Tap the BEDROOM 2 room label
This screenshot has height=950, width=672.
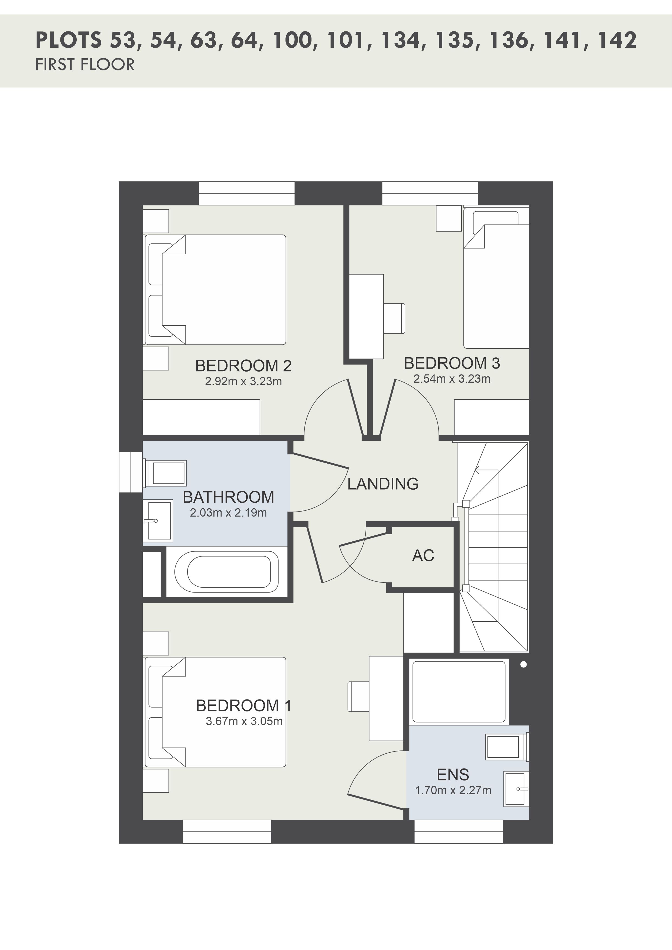point(243,366)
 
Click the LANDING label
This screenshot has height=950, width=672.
point(383,484)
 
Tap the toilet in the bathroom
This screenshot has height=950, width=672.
point(165,473)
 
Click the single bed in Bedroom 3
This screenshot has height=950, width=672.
point(496,278)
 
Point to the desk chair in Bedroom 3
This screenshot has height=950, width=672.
point(394,318)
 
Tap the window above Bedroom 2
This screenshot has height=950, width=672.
point(247,193)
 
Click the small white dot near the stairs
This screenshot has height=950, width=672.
point(524,665)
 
